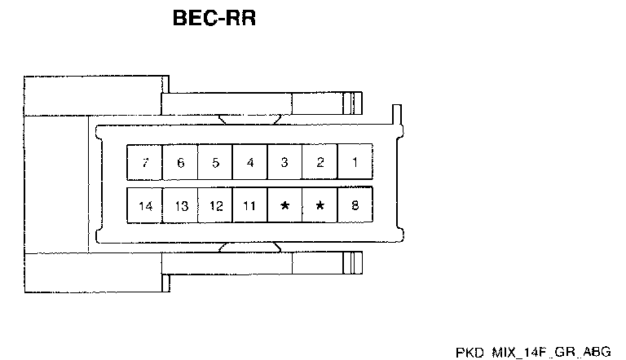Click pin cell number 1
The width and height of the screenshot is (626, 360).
[x=355, y=162]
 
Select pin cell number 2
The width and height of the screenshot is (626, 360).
[x=320, y=162]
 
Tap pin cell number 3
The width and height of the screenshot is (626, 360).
[x=284, y=162]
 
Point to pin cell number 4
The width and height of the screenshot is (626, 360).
[x=250, y=162]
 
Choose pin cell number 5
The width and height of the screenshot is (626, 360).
[x=215, y=162]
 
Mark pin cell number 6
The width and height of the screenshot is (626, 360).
[x=180, y=162]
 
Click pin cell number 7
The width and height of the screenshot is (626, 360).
[x=145, y=162]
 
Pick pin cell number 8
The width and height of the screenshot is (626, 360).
[x=355, y=205]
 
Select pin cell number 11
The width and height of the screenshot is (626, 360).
[x=250, y=205]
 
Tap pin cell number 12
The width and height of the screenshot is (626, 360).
[x=215, y=205]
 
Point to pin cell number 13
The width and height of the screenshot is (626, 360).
[x=180, y=205]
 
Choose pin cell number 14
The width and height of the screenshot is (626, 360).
[x=145, y=205]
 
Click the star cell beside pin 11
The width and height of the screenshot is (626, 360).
[x=284, y=205]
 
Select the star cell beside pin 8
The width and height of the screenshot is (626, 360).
[x=320, y=205]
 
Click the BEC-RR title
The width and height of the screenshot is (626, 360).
[x=214, y=18]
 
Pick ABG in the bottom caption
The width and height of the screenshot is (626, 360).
[x=599, y=351]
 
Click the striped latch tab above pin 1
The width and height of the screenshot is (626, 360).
[x=351, y=103]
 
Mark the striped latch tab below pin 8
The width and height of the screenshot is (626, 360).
[x=351, y=263]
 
